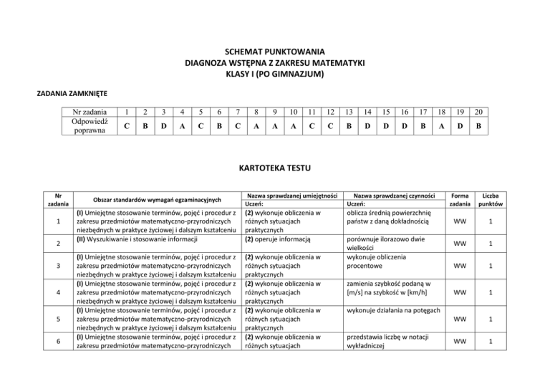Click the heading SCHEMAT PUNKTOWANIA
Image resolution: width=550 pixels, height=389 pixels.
pos(275,52)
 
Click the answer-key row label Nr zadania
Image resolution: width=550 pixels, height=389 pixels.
pos(85,111)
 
